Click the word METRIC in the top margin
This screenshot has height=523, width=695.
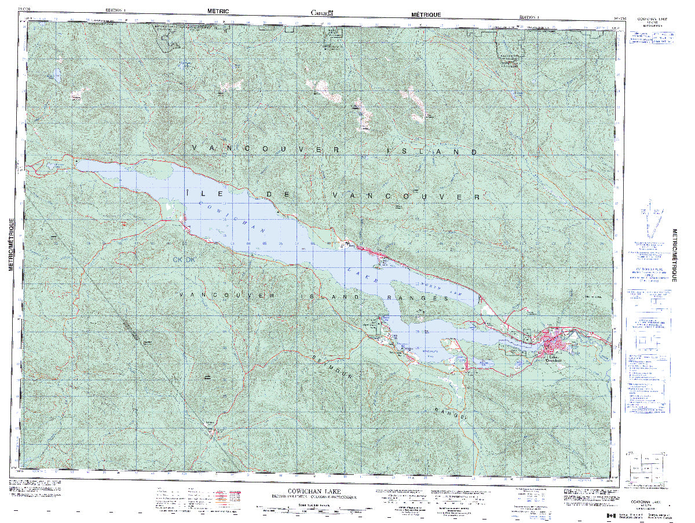[218, 11]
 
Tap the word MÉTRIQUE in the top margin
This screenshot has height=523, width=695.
[426, 14]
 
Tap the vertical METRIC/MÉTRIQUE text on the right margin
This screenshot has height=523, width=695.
[674, 255]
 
